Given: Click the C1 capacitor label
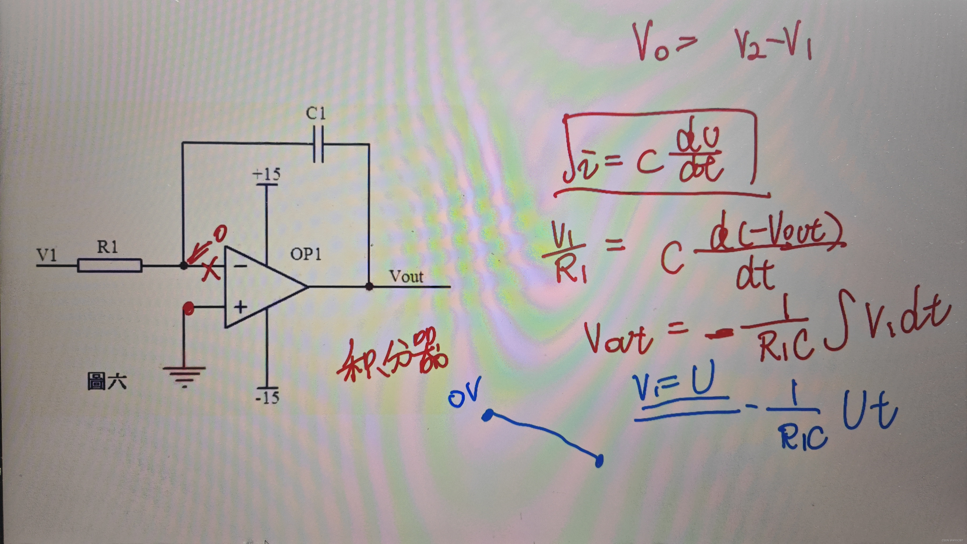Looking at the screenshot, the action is pyautogui.click(x=316, y=113).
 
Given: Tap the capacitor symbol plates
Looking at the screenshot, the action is pyautogui.click(x=318, y=144).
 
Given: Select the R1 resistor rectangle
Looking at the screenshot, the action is pyautogui.click(x=110, y=265).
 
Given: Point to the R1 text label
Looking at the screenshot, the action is pyautogui.click(x=108, y=247).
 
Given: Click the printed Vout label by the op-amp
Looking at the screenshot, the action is pyautogui.click(x=406, y=277).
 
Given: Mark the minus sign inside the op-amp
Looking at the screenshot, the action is pyautogui.click(x=240, y=266).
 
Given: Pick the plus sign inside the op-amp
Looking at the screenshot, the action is pyautogui.click(x=240, y=307).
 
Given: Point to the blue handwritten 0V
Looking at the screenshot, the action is pyautogui.click(x=464, y=395).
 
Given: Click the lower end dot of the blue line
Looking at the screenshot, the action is pyautogui.click(x=599, y=460).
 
